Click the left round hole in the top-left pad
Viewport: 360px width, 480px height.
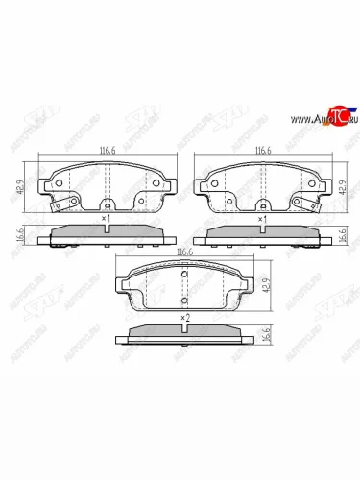click(59, 185)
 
